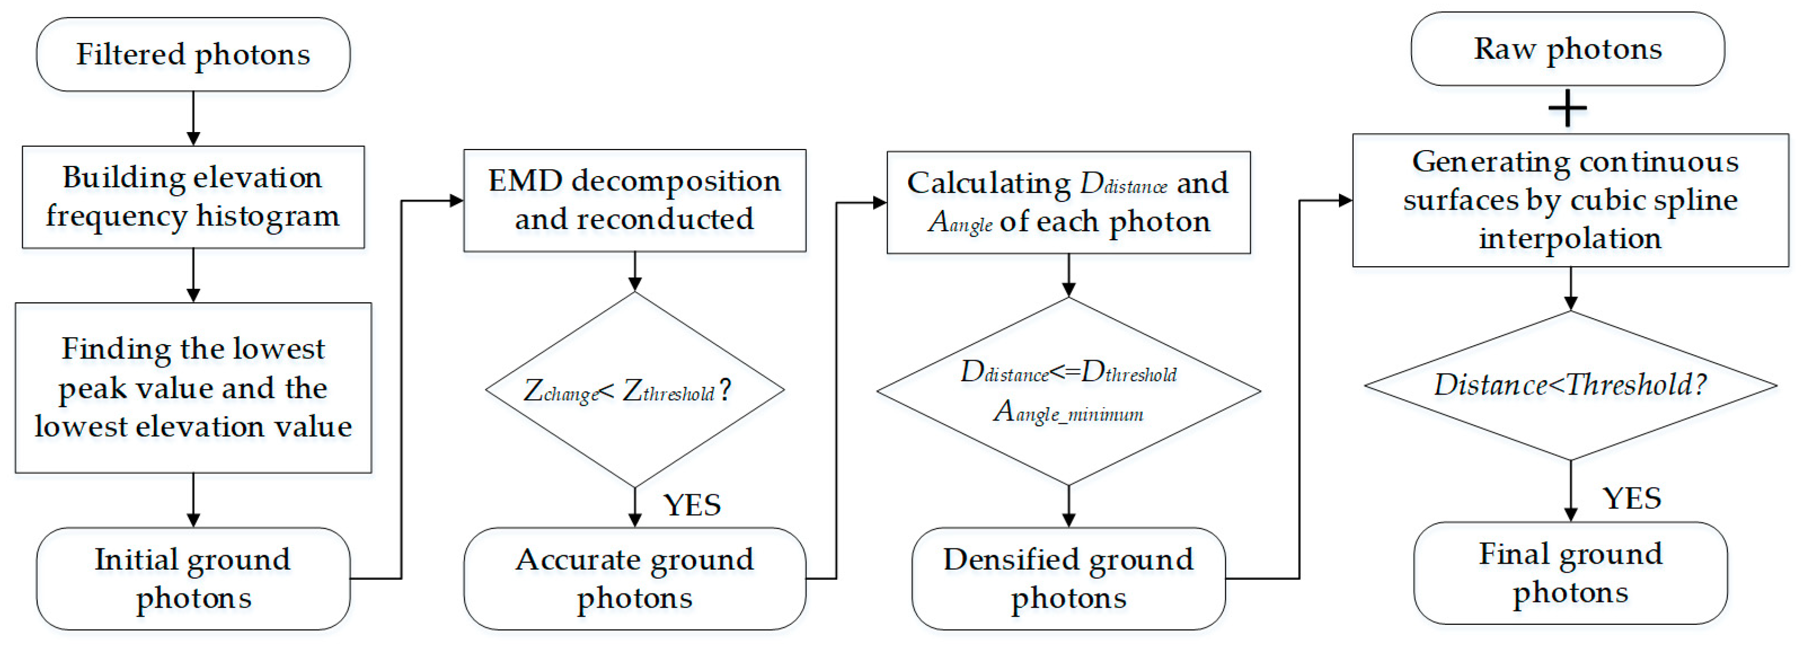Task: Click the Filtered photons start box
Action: (193, 55)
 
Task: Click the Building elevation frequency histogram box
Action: (193, 197)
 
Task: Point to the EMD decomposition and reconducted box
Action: (634, 200)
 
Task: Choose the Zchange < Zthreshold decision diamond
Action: (634, 390)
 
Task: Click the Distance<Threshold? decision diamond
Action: (1570, 385)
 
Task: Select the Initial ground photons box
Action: (193, 579)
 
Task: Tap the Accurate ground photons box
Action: (634, 579)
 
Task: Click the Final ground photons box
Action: (1570, 573)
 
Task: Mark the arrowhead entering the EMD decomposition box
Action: (457, 201)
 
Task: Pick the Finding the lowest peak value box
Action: (193, 388)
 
